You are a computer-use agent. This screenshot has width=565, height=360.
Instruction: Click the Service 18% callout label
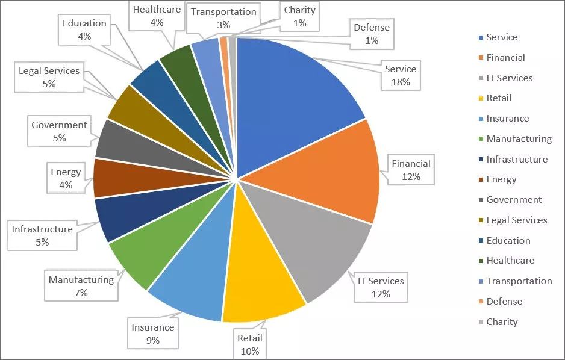(x=401, y=75)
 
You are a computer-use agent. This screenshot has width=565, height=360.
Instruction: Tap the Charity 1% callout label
(x=300, y=17)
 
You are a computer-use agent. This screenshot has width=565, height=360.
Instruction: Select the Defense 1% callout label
(x=372, y=34)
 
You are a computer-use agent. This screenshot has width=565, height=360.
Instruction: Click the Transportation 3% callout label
(x=223, y=18)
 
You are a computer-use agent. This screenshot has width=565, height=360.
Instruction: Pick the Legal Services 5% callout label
(x=49, y=77)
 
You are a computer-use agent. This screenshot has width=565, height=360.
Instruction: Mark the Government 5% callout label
(x=59, y=131)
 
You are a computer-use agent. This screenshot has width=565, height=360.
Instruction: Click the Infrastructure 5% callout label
(x=42, y=235)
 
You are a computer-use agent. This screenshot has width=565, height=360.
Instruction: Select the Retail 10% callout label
(x=249, y=344)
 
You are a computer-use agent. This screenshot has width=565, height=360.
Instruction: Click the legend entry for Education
(x=508, y=240)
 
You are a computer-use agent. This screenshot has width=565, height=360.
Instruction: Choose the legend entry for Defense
(x=504, y=301)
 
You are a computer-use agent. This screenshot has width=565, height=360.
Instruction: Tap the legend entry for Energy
(x=501, y=179)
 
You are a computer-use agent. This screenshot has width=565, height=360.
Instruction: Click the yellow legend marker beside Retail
(x=480, y=98)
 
